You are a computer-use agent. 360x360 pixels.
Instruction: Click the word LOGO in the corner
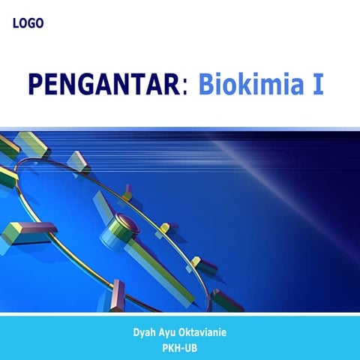(28, 23)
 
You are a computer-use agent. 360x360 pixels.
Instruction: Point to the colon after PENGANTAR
(184, 87)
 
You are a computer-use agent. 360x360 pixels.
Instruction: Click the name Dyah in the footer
(144, 332)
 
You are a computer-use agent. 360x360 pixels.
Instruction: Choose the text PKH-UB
(180, 347)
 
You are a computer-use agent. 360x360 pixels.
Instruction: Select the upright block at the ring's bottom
(118, 295)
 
